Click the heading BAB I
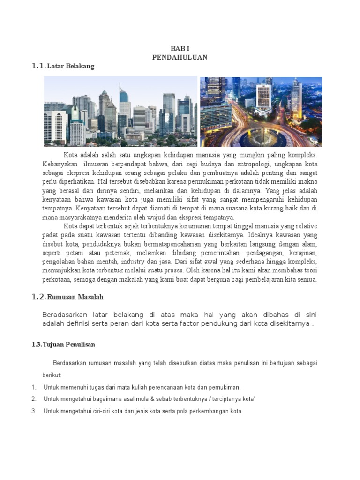[180, 49]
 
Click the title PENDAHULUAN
[180, 57]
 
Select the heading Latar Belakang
[71, 66]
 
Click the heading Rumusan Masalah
[75, 297]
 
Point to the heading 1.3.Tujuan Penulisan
[63, 345]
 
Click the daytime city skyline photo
[120, 112]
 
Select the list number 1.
[34, 388]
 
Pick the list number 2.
[34, 399]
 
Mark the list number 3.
[34, 412]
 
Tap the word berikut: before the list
[52, 375]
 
